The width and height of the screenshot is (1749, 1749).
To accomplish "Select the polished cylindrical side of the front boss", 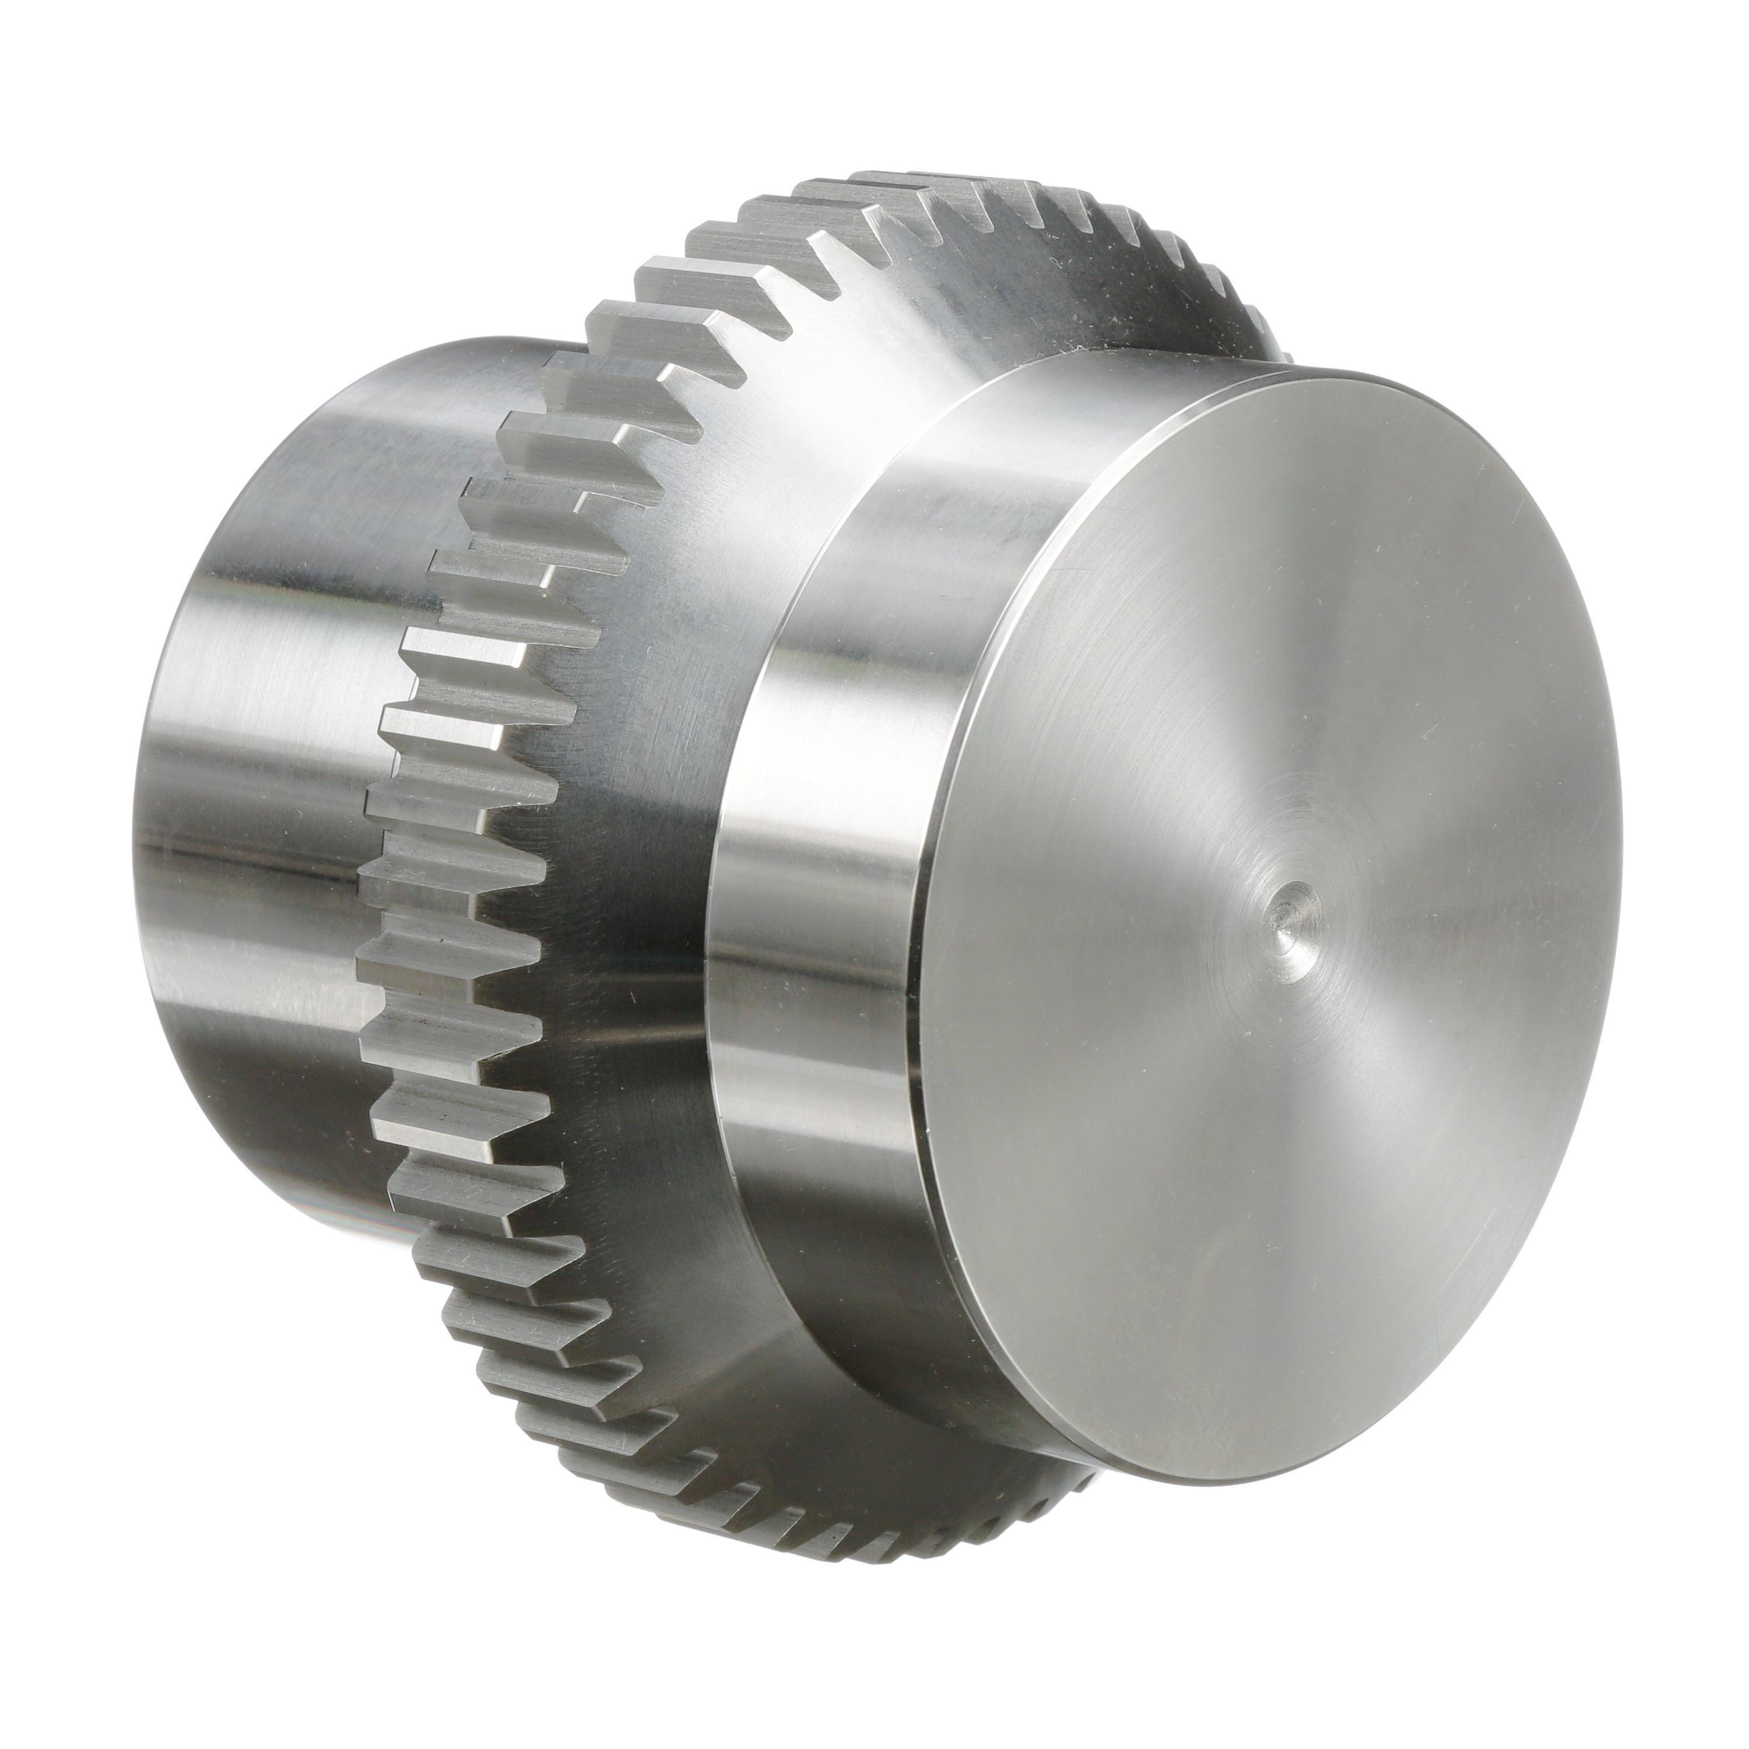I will pyautogui.click(x=815, y=905).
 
